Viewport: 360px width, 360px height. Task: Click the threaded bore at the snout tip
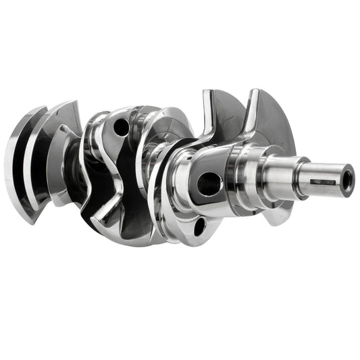pos(346,181)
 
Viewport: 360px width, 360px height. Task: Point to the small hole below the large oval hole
pos(199,226)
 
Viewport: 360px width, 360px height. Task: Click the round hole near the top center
pos(121,126)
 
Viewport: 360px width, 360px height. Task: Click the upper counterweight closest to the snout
pos(270,118)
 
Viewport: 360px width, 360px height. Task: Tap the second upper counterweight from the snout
pos(223,115)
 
